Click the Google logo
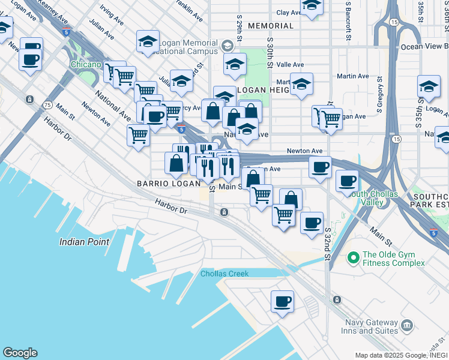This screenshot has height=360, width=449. pyautogui.click(x=20, y=353)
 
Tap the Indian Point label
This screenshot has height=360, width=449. pyautogui.click(x=84, y=242)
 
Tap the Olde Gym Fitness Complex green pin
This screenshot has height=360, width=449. pyautogui.click(x=354, y=258)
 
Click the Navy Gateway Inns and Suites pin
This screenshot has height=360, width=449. pyautogui.click(x=408, y=326)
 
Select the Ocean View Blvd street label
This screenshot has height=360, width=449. pyautogui.click(x=424, y=47)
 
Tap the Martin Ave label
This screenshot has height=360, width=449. pyautogui.click(x=353, y=76)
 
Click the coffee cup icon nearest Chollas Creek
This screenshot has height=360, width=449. pyautogui.click(x=282, y=301)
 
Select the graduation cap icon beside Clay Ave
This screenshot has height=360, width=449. pyautogui.click(x=312, y=5)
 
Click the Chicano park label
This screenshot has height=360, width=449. pyautogui.click(x=85, y=64)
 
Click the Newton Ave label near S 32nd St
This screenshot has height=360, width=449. pyautogui.click(x=304, y=151)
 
